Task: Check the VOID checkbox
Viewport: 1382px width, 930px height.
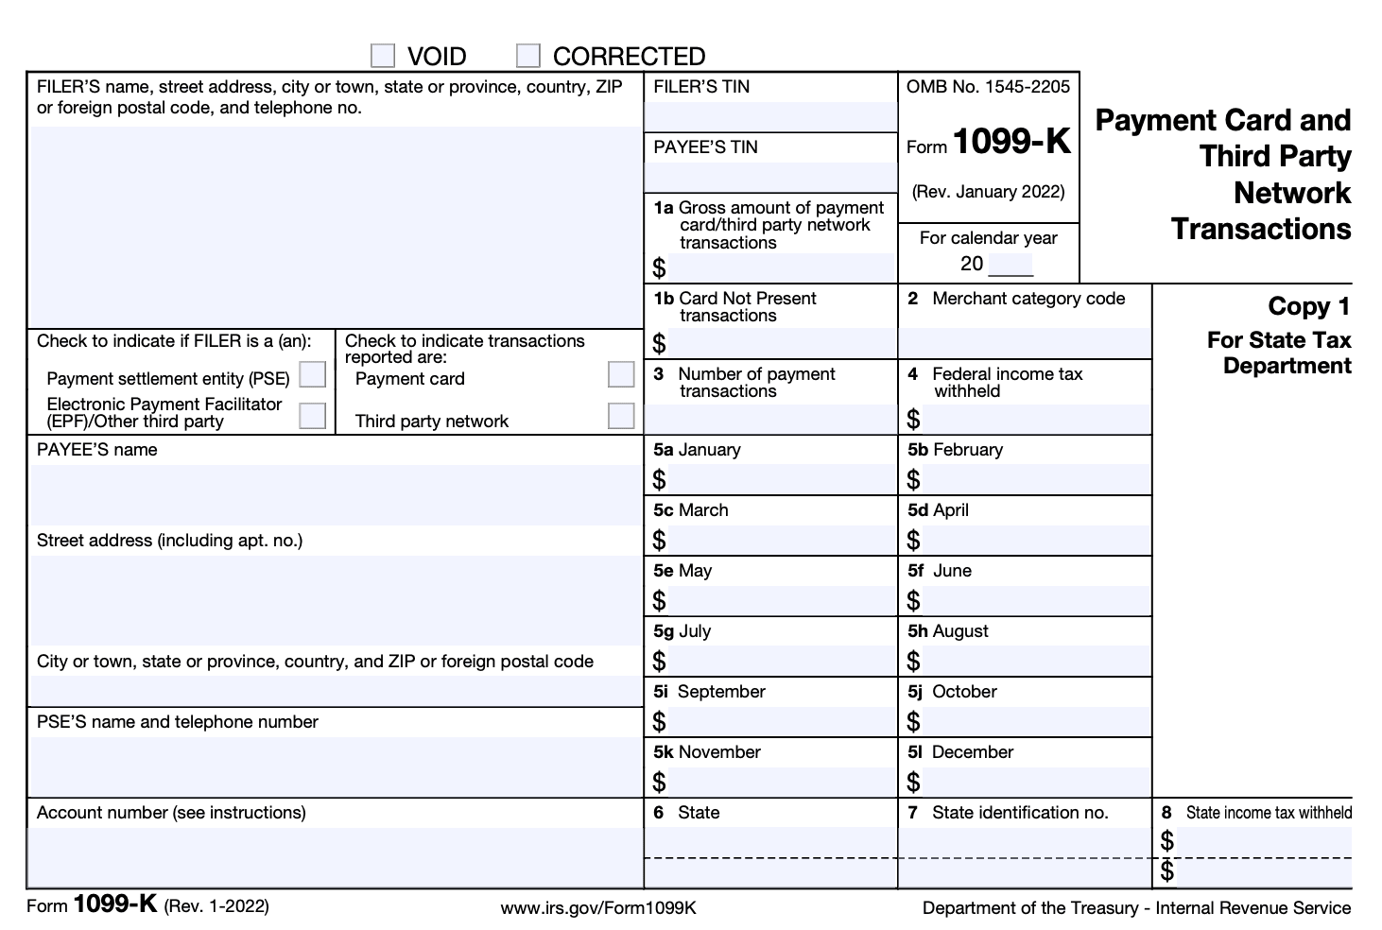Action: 383,56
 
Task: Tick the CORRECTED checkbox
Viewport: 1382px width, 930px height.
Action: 528,56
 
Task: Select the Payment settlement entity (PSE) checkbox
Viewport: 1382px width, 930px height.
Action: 312,375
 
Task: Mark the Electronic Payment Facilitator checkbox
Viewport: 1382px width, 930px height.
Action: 312,415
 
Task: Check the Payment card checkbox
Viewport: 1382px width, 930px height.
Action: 621,374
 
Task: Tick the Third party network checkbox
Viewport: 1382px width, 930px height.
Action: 621,415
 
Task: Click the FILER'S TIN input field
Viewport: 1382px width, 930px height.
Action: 770,116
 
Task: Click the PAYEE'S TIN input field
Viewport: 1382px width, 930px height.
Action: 770,176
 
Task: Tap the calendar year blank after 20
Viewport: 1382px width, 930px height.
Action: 1011,265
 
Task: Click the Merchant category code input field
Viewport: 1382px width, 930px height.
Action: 1025,342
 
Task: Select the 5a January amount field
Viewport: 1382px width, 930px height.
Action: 781,479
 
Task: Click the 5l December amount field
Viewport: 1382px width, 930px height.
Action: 1035,782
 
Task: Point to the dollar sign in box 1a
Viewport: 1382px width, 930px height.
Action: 659,267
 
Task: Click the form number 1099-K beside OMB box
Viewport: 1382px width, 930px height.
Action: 1011,143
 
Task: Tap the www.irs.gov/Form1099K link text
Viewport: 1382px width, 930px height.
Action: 598,908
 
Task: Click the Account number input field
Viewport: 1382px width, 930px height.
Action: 336,856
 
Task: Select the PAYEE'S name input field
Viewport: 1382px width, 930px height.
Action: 336,494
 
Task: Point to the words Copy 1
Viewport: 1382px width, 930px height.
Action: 1308,306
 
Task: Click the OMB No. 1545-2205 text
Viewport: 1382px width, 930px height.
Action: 988,87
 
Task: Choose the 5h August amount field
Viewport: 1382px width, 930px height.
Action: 1035,661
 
